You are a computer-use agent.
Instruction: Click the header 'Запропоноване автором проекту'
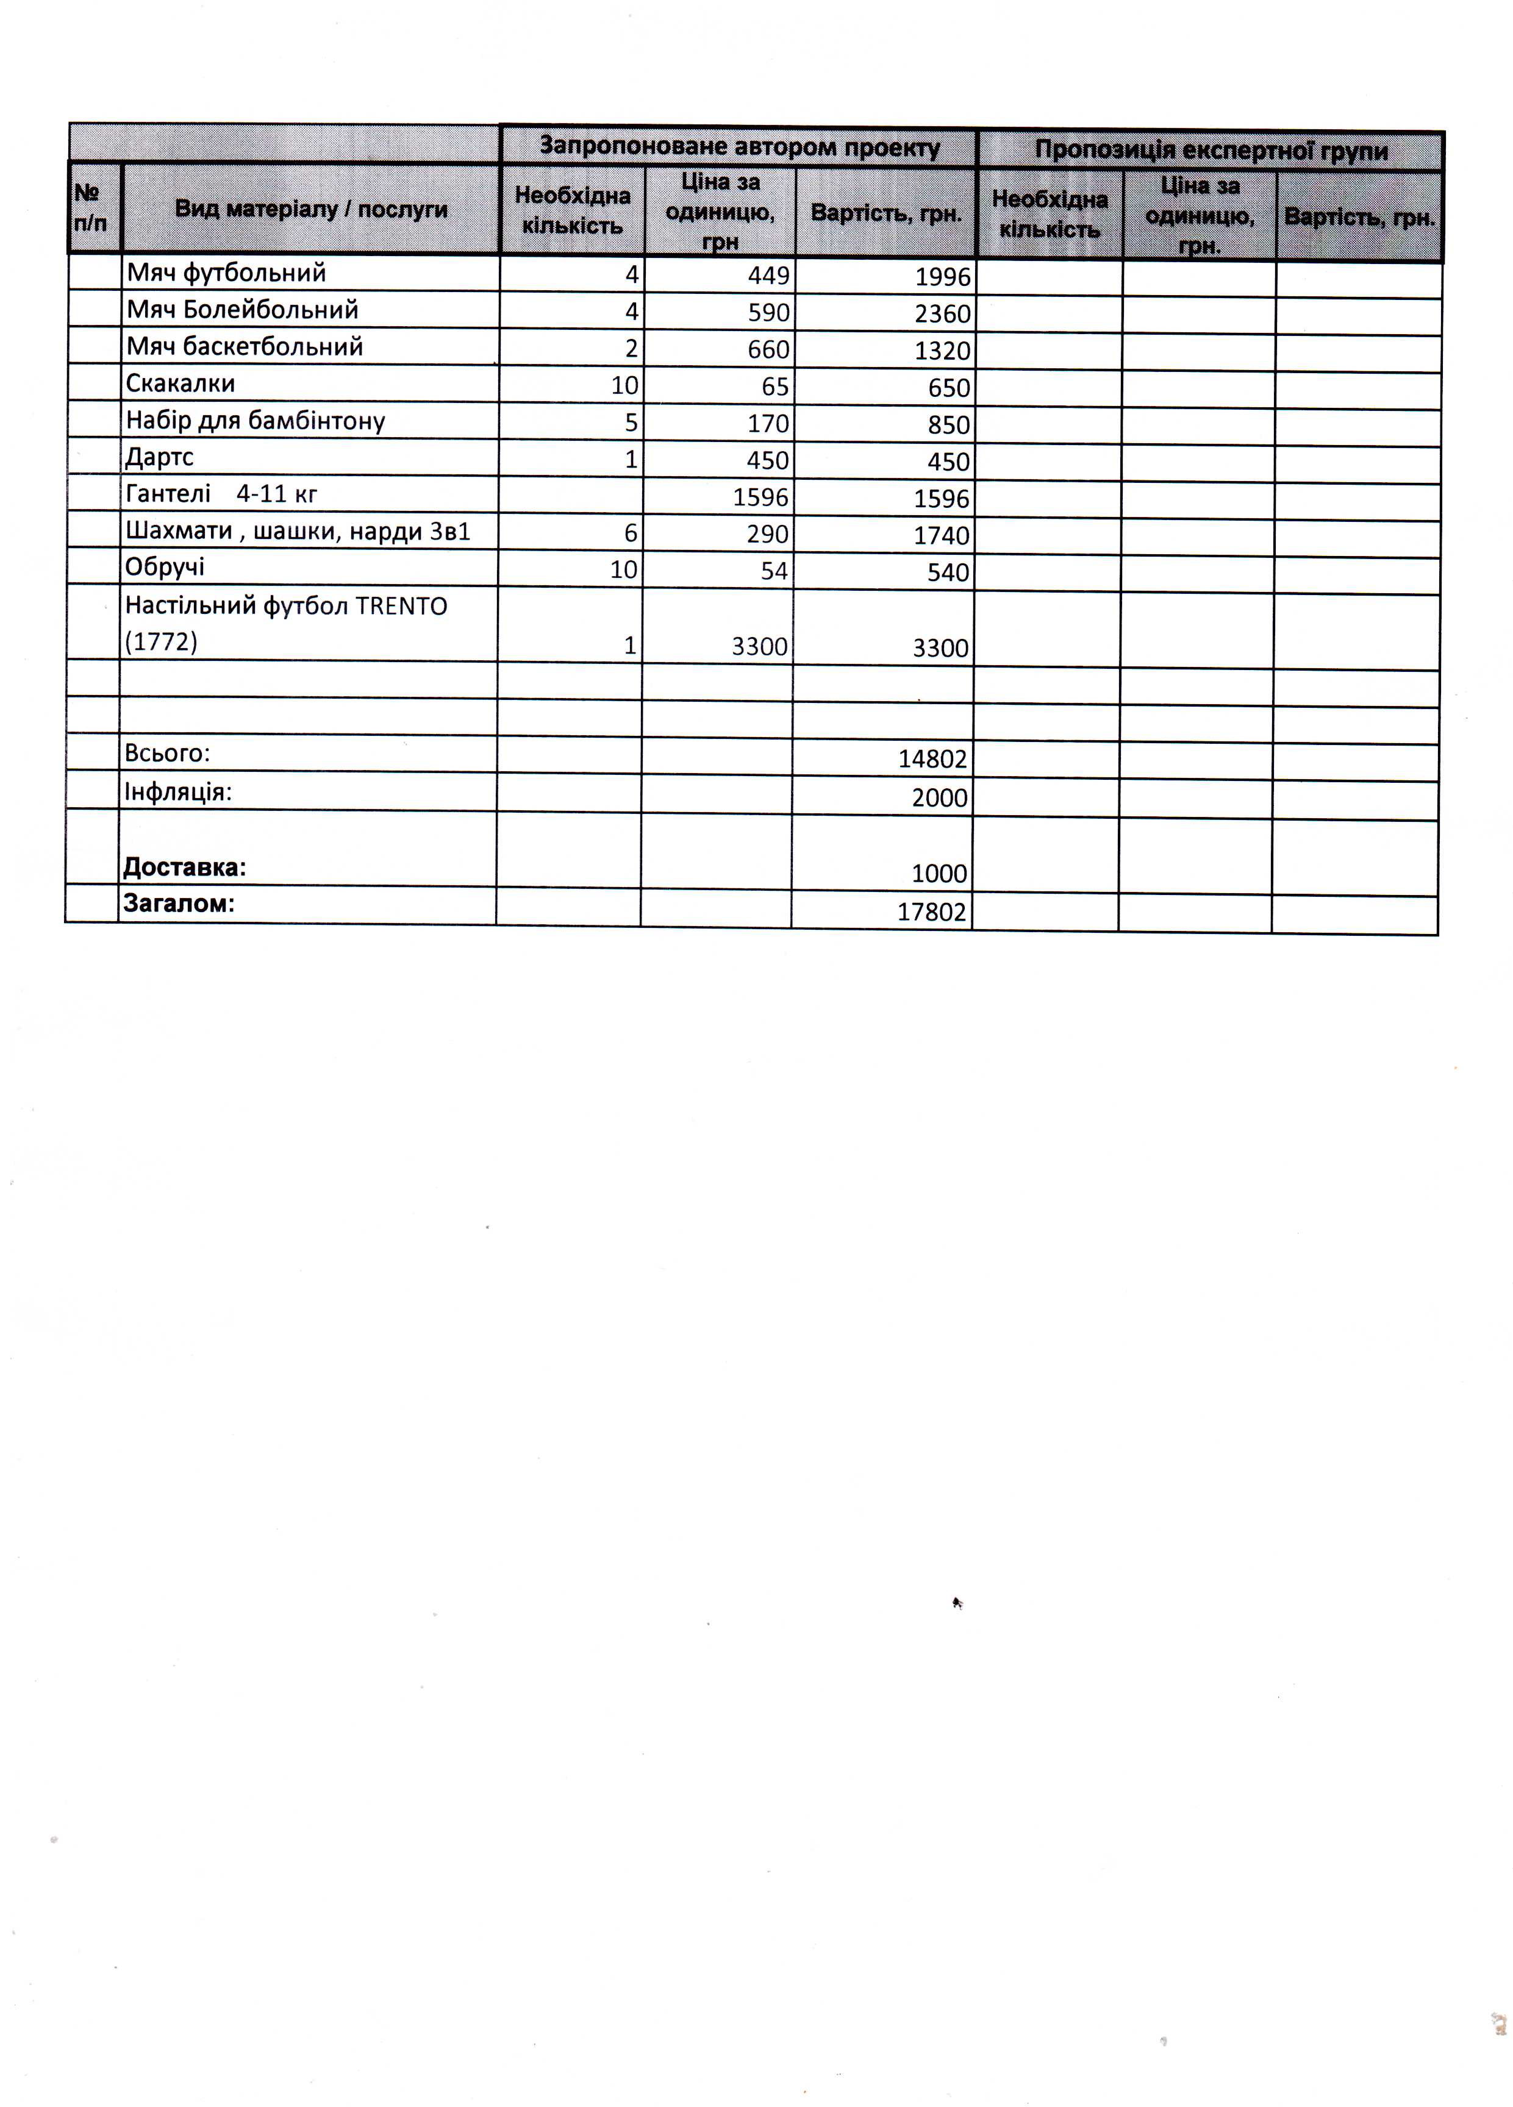[x=739, y=147]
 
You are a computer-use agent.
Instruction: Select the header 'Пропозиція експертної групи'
[x=1211, y=151]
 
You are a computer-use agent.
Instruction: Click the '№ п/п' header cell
[x=90, y=208]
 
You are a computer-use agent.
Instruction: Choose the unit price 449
[x=768, y=275]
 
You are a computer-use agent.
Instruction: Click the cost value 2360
[x=942, y=314]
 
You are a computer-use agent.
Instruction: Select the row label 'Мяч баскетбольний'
[x=245, y=346]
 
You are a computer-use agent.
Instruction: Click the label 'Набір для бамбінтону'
[x=255, y=421]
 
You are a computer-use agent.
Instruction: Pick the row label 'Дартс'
[x=159, y=457]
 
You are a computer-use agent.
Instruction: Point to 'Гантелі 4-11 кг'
[x=221, y=493]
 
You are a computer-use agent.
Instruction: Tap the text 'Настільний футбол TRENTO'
[x=286, y=606]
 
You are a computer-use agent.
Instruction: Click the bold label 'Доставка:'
[x=184, y=868]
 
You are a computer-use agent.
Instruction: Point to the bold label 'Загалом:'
[x=179, y=903]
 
